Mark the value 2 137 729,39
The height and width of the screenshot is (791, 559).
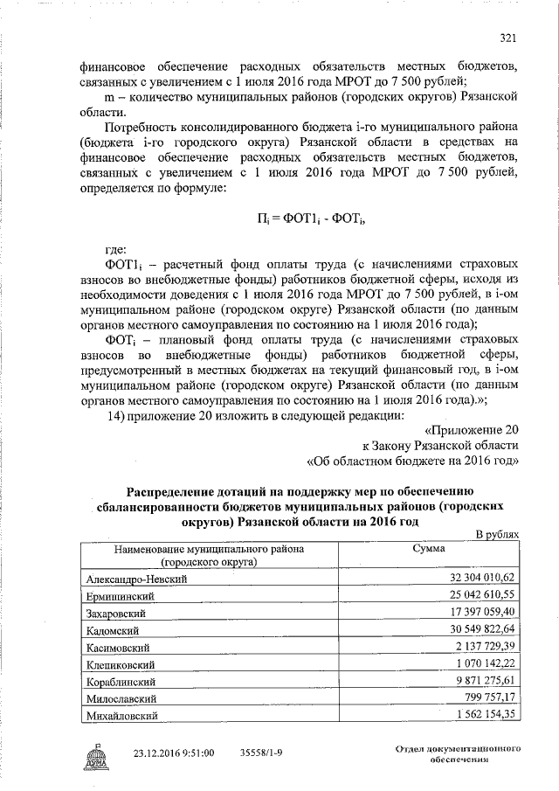click(x=487, y=646)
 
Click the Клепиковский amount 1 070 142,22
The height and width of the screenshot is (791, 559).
click(x=487, y=663)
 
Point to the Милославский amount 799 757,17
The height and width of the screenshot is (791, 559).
click(x=490, y=697)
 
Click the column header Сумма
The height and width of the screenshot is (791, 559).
click(x=429, y=549)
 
